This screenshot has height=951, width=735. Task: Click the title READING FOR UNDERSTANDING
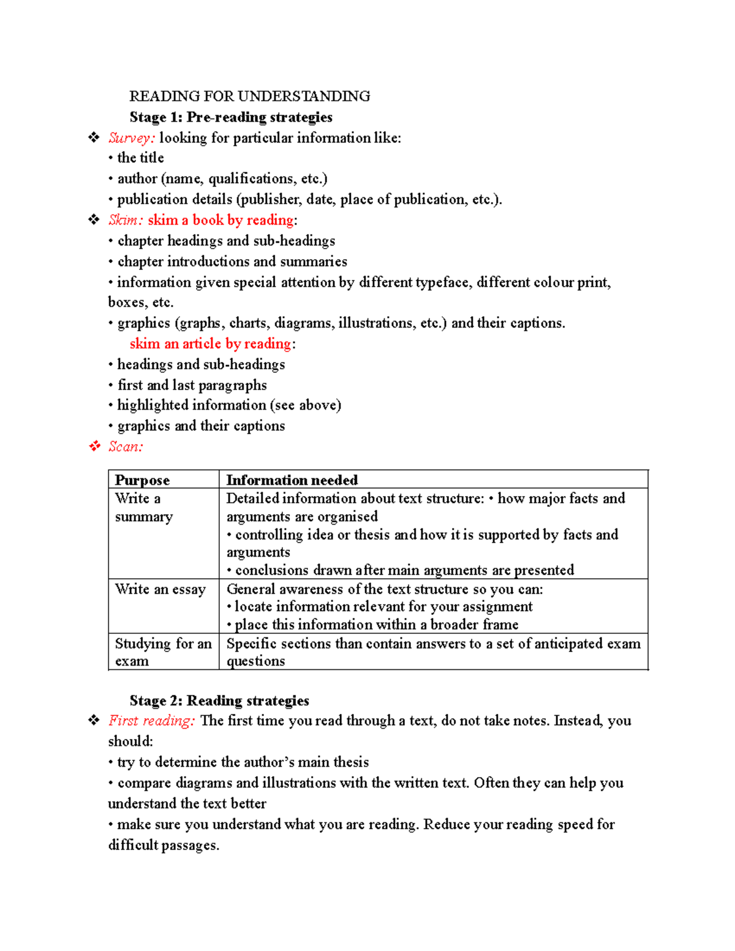[249, 96]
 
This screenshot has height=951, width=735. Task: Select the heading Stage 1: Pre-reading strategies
[230, 117]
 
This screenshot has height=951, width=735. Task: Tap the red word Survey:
[131, 138]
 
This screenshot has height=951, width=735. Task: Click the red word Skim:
[126, 220]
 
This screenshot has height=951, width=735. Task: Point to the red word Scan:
[126, 446]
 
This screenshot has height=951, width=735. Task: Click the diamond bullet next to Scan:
[94, 446]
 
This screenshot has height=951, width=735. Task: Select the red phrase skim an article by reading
[210, 344]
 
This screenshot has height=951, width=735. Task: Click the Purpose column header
[142, 480]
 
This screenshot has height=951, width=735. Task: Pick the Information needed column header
[292, 480]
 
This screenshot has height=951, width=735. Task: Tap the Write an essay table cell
[160, 589]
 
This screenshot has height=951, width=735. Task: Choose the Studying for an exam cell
[162, 652]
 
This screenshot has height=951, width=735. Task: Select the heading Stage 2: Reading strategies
[219, 701]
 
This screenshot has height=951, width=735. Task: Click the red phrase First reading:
[151, 721]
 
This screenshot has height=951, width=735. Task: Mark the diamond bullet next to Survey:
[94, 138]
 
